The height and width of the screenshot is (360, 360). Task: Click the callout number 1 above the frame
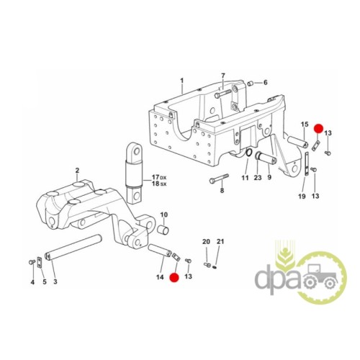pyautogui.click(x=181, y=80)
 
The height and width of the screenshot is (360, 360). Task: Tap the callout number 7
pyautogui.click(x=223, y=76)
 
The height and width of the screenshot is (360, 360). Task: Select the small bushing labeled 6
pyautogui.click(x=251, y=84)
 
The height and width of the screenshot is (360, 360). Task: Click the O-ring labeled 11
pyautogui.click(x=248, y=153)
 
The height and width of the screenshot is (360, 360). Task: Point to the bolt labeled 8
pyautogui.click(x=219, y=178)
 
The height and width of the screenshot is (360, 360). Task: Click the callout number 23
pyautogui.click(x=258, y=178)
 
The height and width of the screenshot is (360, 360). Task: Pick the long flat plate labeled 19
pyautogui.click(x=307, y=164)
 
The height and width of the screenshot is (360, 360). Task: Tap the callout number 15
pyautogui.click(x=305, y=125)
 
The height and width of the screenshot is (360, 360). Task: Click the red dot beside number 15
pyautogui.click(x=319, y=129)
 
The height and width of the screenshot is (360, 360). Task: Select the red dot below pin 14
pyautogui.click(x=174, y=278)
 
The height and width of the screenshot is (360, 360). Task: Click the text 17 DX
pyautogui.click(x=159, y=178)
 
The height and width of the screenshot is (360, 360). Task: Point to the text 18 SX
pyautogui.click(x=159, y=184)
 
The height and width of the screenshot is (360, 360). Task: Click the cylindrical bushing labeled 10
pyautogui.click(x=163, y=229)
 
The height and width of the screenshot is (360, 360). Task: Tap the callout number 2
pyautogui.click(x=77, y=171)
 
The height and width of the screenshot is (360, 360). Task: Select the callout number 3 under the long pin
pyautogui.click(x=55, y=282)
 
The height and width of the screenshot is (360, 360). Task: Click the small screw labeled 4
pyautogui.click(x=31, y=262)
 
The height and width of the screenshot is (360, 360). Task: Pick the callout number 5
pyautogui.click(x=45, y=282)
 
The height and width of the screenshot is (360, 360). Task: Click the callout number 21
pyautogui.click(x=220, y=241)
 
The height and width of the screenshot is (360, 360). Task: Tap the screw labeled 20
pyautogui.click(x=207, y=265)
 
